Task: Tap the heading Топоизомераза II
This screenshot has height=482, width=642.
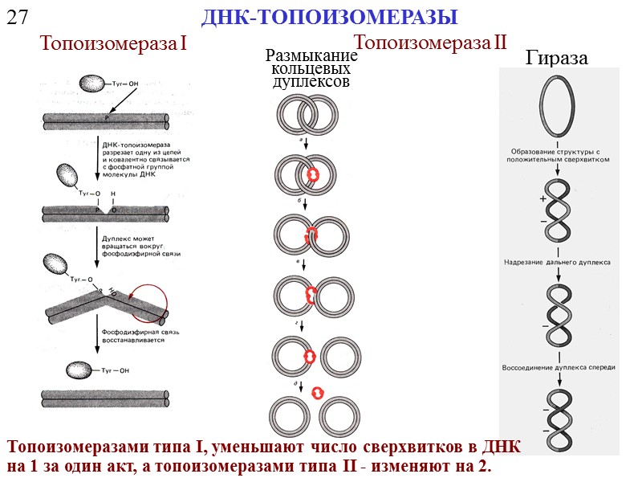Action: (x=430, y=43)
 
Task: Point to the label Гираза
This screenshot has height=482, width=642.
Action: (x=556, y=58)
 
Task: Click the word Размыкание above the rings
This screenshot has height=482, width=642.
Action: (x=311, y=56)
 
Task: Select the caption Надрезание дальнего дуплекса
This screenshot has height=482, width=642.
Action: (x=558, y=262)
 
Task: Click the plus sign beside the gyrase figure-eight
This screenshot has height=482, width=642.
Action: (x=542, y=198)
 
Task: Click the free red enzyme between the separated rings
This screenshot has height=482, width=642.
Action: (x=317, y=392)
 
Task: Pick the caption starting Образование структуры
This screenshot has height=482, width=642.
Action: (x=559, y=154)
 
